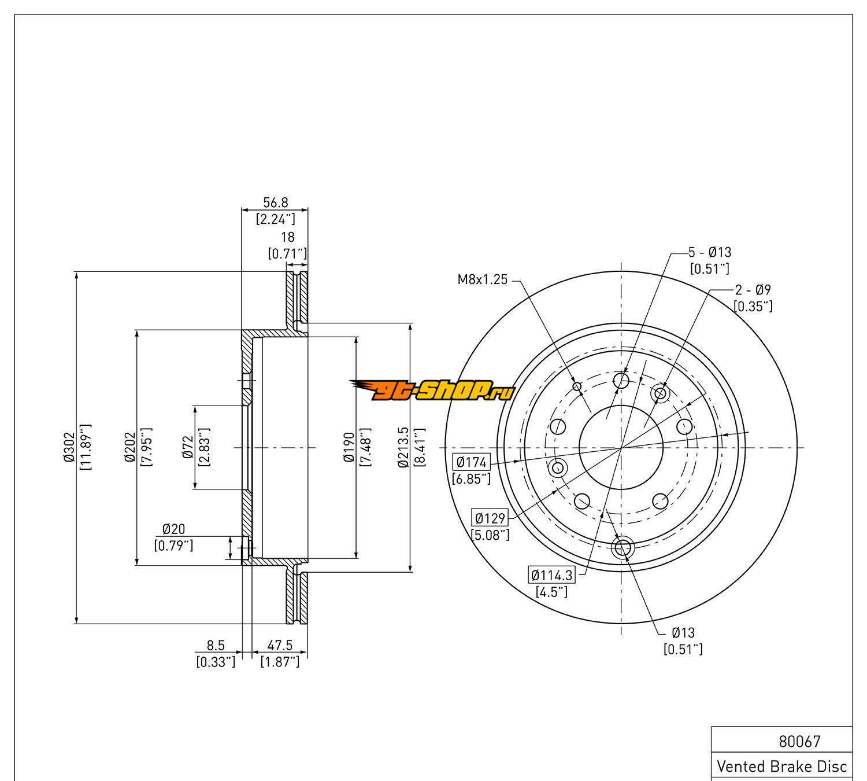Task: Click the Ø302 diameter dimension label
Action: pos(69,448)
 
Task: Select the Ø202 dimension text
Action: pos(129,448)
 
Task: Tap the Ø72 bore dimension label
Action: pos(187,448)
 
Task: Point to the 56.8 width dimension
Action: pos(276,202)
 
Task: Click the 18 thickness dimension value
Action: pos(287,237)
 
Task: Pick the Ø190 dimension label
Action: pos(349,448)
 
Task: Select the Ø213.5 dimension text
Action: pos(403,448)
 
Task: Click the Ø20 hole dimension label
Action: pos(173,529)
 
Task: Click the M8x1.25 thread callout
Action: pos(483,280)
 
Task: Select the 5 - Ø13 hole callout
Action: pos(710,252)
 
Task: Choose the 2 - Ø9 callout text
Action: pos(753,290)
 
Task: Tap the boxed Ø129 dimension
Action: pos(490,518)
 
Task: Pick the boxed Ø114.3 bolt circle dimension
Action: pos(552,575)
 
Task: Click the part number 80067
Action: pos(800,741)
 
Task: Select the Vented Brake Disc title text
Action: pos(782,767)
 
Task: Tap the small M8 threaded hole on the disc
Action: pos(576,386)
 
